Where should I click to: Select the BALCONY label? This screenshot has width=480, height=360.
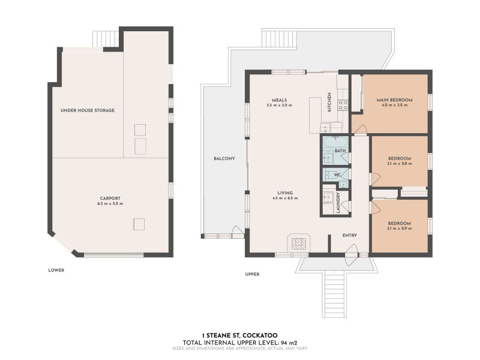tap(224, 158)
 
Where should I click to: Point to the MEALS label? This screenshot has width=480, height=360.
tap(279, 100)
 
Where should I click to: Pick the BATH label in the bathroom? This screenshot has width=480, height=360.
tap(340, 151)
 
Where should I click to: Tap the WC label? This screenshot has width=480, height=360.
tap(337, 175)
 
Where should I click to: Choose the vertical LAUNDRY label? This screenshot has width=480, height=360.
tap(339, 202)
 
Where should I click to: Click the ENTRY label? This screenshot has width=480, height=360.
tap(350, 236)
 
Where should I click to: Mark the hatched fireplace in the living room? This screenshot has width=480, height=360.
tap(299, 243)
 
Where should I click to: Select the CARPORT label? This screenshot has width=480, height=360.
tap(110, 198)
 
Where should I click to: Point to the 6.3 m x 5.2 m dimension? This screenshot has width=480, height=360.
tap(110, 204)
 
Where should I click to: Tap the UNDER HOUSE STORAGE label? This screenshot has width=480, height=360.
tap(88, 110)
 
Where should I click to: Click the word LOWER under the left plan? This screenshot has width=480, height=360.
tap(56, 270)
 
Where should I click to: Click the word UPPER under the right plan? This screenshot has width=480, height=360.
tap(252, 274)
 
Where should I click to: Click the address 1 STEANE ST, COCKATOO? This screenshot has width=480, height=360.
tap(240, 337)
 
